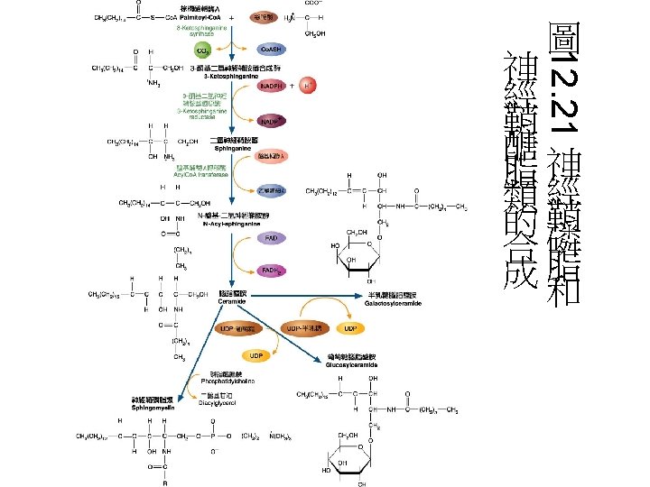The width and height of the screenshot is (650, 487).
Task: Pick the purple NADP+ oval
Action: coord(270,121)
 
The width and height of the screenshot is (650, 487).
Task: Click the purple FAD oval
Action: coord(270,238)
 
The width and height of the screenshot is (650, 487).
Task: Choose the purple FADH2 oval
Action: coord(270,270)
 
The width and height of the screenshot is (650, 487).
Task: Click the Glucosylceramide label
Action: coord(351,365)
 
